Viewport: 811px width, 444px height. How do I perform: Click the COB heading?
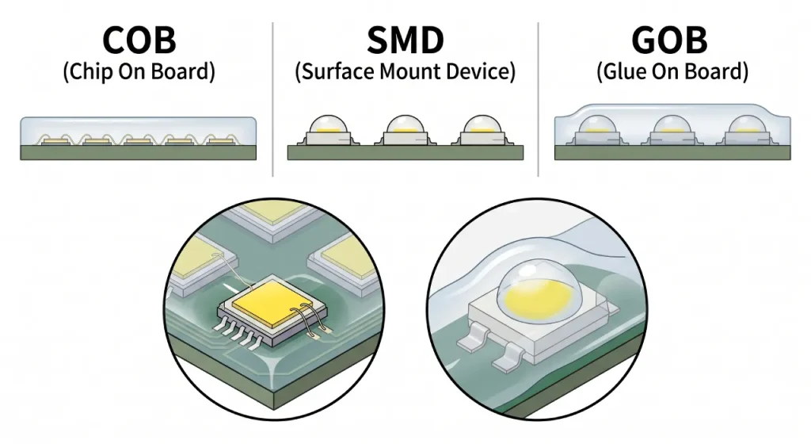pyautogui.click(x=139, y=40)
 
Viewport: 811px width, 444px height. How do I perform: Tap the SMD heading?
pyautogui.click(x=405, y=40)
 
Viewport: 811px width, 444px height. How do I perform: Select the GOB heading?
pyautogui.click(x=669, y=40)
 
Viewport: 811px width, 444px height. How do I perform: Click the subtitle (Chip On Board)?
pyautogui.click(x=139, y=71)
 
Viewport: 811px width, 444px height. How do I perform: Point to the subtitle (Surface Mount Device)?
pyautogui.click(x=405, y=71)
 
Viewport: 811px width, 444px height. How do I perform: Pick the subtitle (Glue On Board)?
pyautogui.click(x=672, y=71)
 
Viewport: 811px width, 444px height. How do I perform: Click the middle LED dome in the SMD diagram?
pyautogui.click(x=405, y=124)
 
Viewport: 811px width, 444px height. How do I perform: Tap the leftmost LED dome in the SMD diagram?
pyautogui.click(x=329, y=124)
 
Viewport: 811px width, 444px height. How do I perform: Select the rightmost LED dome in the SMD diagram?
pyautogui.click(x=482, y=124)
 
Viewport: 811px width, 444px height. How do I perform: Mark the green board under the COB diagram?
pyautogui.click(x=138, y=152)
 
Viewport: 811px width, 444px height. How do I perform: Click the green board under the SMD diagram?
pyautogui.click(x=405, y=152)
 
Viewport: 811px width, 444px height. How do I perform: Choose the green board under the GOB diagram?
pyautogui.click(x=672, y=152)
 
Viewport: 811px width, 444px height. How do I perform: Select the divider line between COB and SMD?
pyautogui.click(x=272, y=99)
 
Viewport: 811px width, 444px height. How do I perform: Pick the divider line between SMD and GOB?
pyautogui.click(x=539, y=99)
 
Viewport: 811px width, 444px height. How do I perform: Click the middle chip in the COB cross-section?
pyautogui.click(x=139, y=141)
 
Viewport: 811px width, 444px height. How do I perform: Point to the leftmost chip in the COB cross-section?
pyautogui.click(x=56, y=141)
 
